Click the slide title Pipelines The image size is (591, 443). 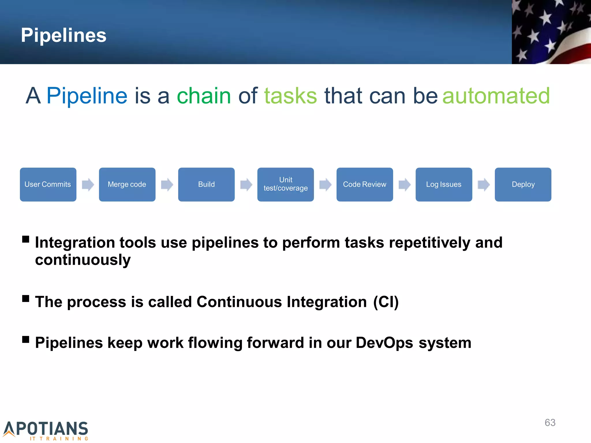[x=63, y=35]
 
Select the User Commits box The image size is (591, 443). [x=48, y=184]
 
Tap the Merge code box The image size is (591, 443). [x=127, y=184]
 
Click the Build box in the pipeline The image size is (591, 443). [x=206, y=184]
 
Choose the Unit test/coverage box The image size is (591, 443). [x=285, y=184]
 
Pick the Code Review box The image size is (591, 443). [x=364, y=184]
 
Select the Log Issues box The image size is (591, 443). [x=444, y=184]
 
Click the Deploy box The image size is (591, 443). [x=523, y=184]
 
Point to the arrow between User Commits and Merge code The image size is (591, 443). [x=88, y=185]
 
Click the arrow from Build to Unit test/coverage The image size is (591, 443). [x=246, y=185]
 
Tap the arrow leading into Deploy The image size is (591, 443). [x=484, y=185]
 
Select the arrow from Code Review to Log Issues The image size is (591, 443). [x=404, y=185]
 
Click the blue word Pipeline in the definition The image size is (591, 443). [x=87, y=96]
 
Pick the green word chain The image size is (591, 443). [x=204, y=96]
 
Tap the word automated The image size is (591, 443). [x=496, y=96]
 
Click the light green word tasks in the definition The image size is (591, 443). [x=290, y=96]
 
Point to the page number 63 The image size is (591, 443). [x=550, y=423]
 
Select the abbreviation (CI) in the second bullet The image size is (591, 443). [x=386, y=302]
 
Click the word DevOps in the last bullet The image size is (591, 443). [x=384, y=343]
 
